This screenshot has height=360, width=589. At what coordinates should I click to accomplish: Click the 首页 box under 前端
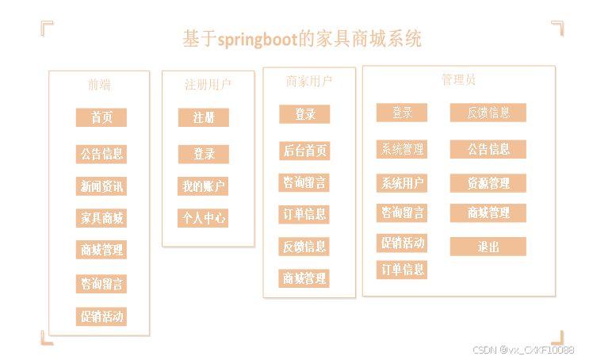101,117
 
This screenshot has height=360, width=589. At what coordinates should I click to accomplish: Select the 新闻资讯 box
101,186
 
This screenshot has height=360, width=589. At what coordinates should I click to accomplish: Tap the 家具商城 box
101,217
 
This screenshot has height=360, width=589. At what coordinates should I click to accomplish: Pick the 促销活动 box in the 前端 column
101,316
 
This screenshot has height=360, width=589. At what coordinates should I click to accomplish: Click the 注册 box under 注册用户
203,117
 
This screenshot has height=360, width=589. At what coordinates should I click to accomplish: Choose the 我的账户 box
203,186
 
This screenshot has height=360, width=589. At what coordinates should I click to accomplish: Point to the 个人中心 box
203,217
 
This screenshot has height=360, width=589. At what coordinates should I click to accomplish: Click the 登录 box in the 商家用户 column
304,114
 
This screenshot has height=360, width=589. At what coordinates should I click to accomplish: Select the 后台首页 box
304,151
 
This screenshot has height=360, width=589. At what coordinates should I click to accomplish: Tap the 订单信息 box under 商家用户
304,214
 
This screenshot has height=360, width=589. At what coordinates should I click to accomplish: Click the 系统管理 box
401,149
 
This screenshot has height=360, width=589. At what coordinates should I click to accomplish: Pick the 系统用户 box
401,183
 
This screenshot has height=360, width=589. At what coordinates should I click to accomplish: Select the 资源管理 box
488,183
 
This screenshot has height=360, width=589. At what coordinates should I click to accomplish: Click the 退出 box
488,247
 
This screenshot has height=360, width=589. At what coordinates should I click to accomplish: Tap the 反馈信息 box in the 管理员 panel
488,113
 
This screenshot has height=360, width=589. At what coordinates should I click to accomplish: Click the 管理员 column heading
458,79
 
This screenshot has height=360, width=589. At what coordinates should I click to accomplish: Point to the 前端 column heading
99,84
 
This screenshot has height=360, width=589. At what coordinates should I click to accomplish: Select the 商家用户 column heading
308,81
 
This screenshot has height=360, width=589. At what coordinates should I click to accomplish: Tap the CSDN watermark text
523,350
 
